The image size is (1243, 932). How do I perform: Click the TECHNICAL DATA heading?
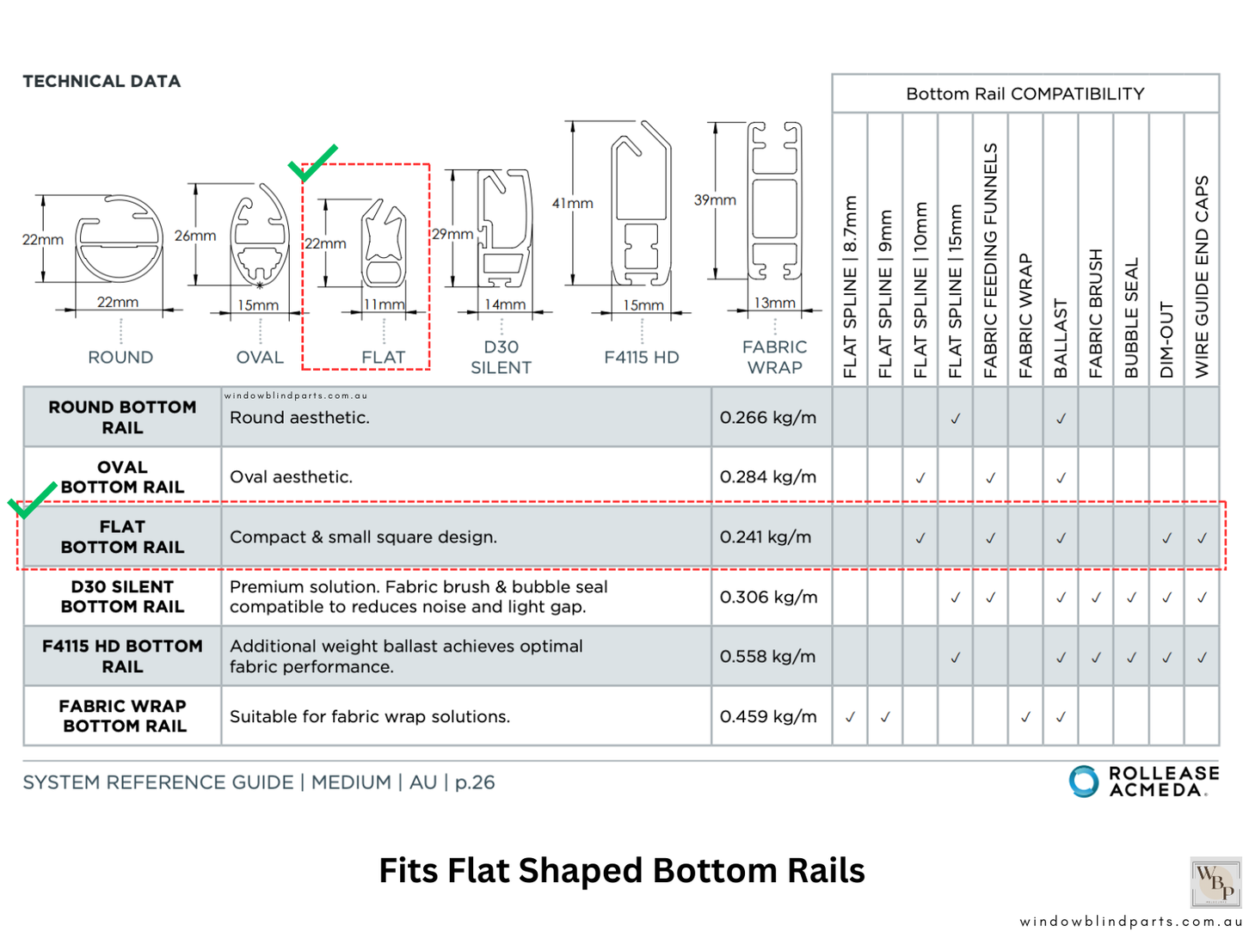point(102,82)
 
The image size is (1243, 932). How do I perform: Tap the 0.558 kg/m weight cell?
point(767,657)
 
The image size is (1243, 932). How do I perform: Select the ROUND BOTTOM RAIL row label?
point(122,417)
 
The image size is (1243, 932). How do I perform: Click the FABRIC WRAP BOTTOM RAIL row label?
point(123,716)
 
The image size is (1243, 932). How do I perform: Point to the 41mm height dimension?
point(573,204)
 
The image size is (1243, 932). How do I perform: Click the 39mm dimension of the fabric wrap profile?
point(715,200)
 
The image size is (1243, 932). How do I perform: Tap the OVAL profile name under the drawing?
point(260,358)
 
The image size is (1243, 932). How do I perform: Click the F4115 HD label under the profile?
point(642,358)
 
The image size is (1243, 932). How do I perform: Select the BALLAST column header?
point(1061,339)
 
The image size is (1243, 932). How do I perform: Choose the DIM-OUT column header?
point(1166,340)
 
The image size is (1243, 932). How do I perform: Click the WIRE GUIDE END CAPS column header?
point(1202,277)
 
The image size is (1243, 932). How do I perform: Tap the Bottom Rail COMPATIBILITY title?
point(1025,94)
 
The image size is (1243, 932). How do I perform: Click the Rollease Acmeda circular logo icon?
point(1084,782)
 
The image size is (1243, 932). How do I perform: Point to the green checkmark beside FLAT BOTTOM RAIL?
point(32,500)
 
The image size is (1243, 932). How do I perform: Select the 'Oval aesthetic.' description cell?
point(292,477)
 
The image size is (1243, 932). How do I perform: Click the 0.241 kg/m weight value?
point(766,537)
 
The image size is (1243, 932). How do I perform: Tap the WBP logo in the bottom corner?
point(1215,881)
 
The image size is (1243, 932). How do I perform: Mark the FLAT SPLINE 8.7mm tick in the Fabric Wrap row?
point(850,716)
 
